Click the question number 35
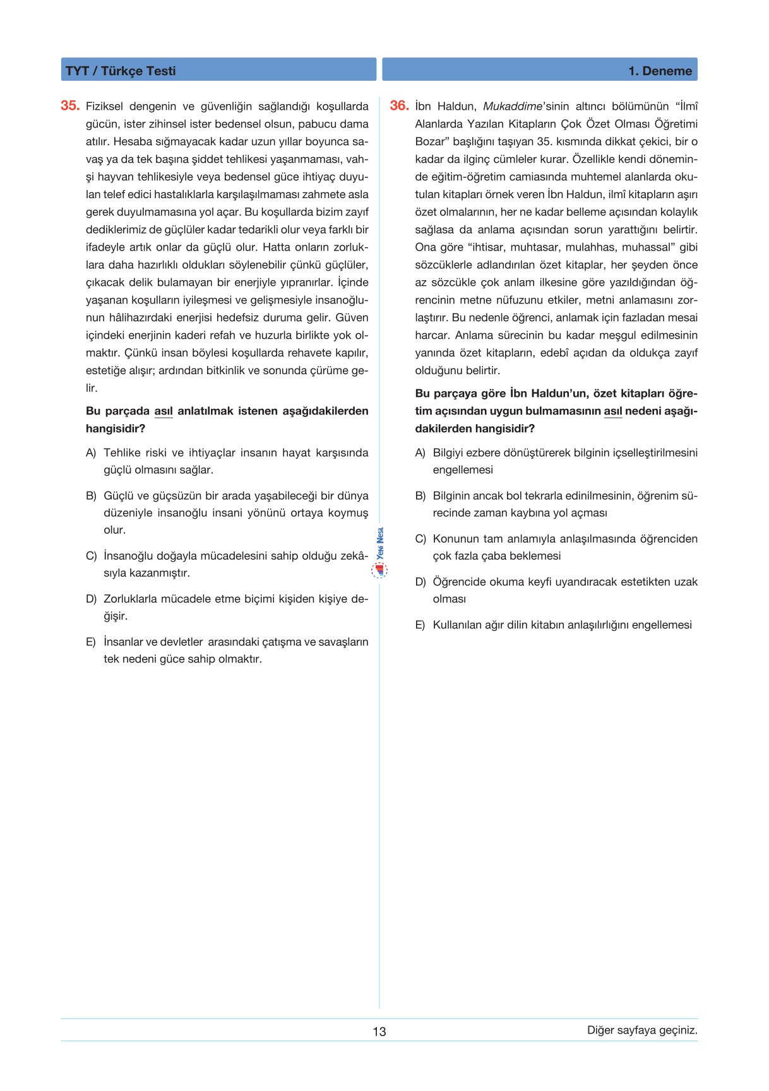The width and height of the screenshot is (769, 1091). pyautogui.click(x=69, y=106)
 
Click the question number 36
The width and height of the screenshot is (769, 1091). pyautogui.click(x=399, y=106)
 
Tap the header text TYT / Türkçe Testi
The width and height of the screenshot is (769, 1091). pyautogui.click(x=121, y=71)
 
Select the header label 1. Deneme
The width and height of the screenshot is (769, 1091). pyautogui.click(x=660, y=71)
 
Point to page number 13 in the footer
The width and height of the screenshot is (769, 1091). pyautogui.click(x=379, y=1031)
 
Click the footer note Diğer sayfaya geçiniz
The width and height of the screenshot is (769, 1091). pyautogui.click(x=642, y=1030)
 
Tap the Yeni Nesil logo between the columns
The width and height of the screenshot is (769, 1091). pyautogui.click(x=379, y=553)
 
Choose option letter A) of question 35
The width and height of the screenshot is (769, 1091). pyautogui.click(x=91, y=453)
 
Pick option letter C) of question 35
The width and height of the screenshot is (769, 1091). pyautogui.click(x=91, y=556)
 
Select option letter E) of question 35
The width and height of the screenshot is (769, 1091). pyautogui.click(x=91, y=642)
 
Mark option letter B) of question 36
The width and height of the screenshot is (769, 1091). pyautogui.click(x=420, y=496)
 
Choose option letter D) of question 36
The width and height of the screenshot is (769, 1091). pyautogui.click(x=420, y=582)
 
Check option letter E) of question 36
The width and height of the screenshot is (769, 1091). pyautogui.click(x=420, y=625)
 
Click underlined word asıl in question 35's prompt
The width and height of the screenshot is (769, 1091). pyautogui.click(x=164, y=411)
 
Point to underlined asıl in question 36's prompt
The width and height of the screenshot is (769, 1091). pyautogui.click(x=613, y=411)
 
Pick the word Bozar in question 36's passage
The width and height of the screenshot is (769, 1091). pyautogui.click(x=430, y=141)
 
